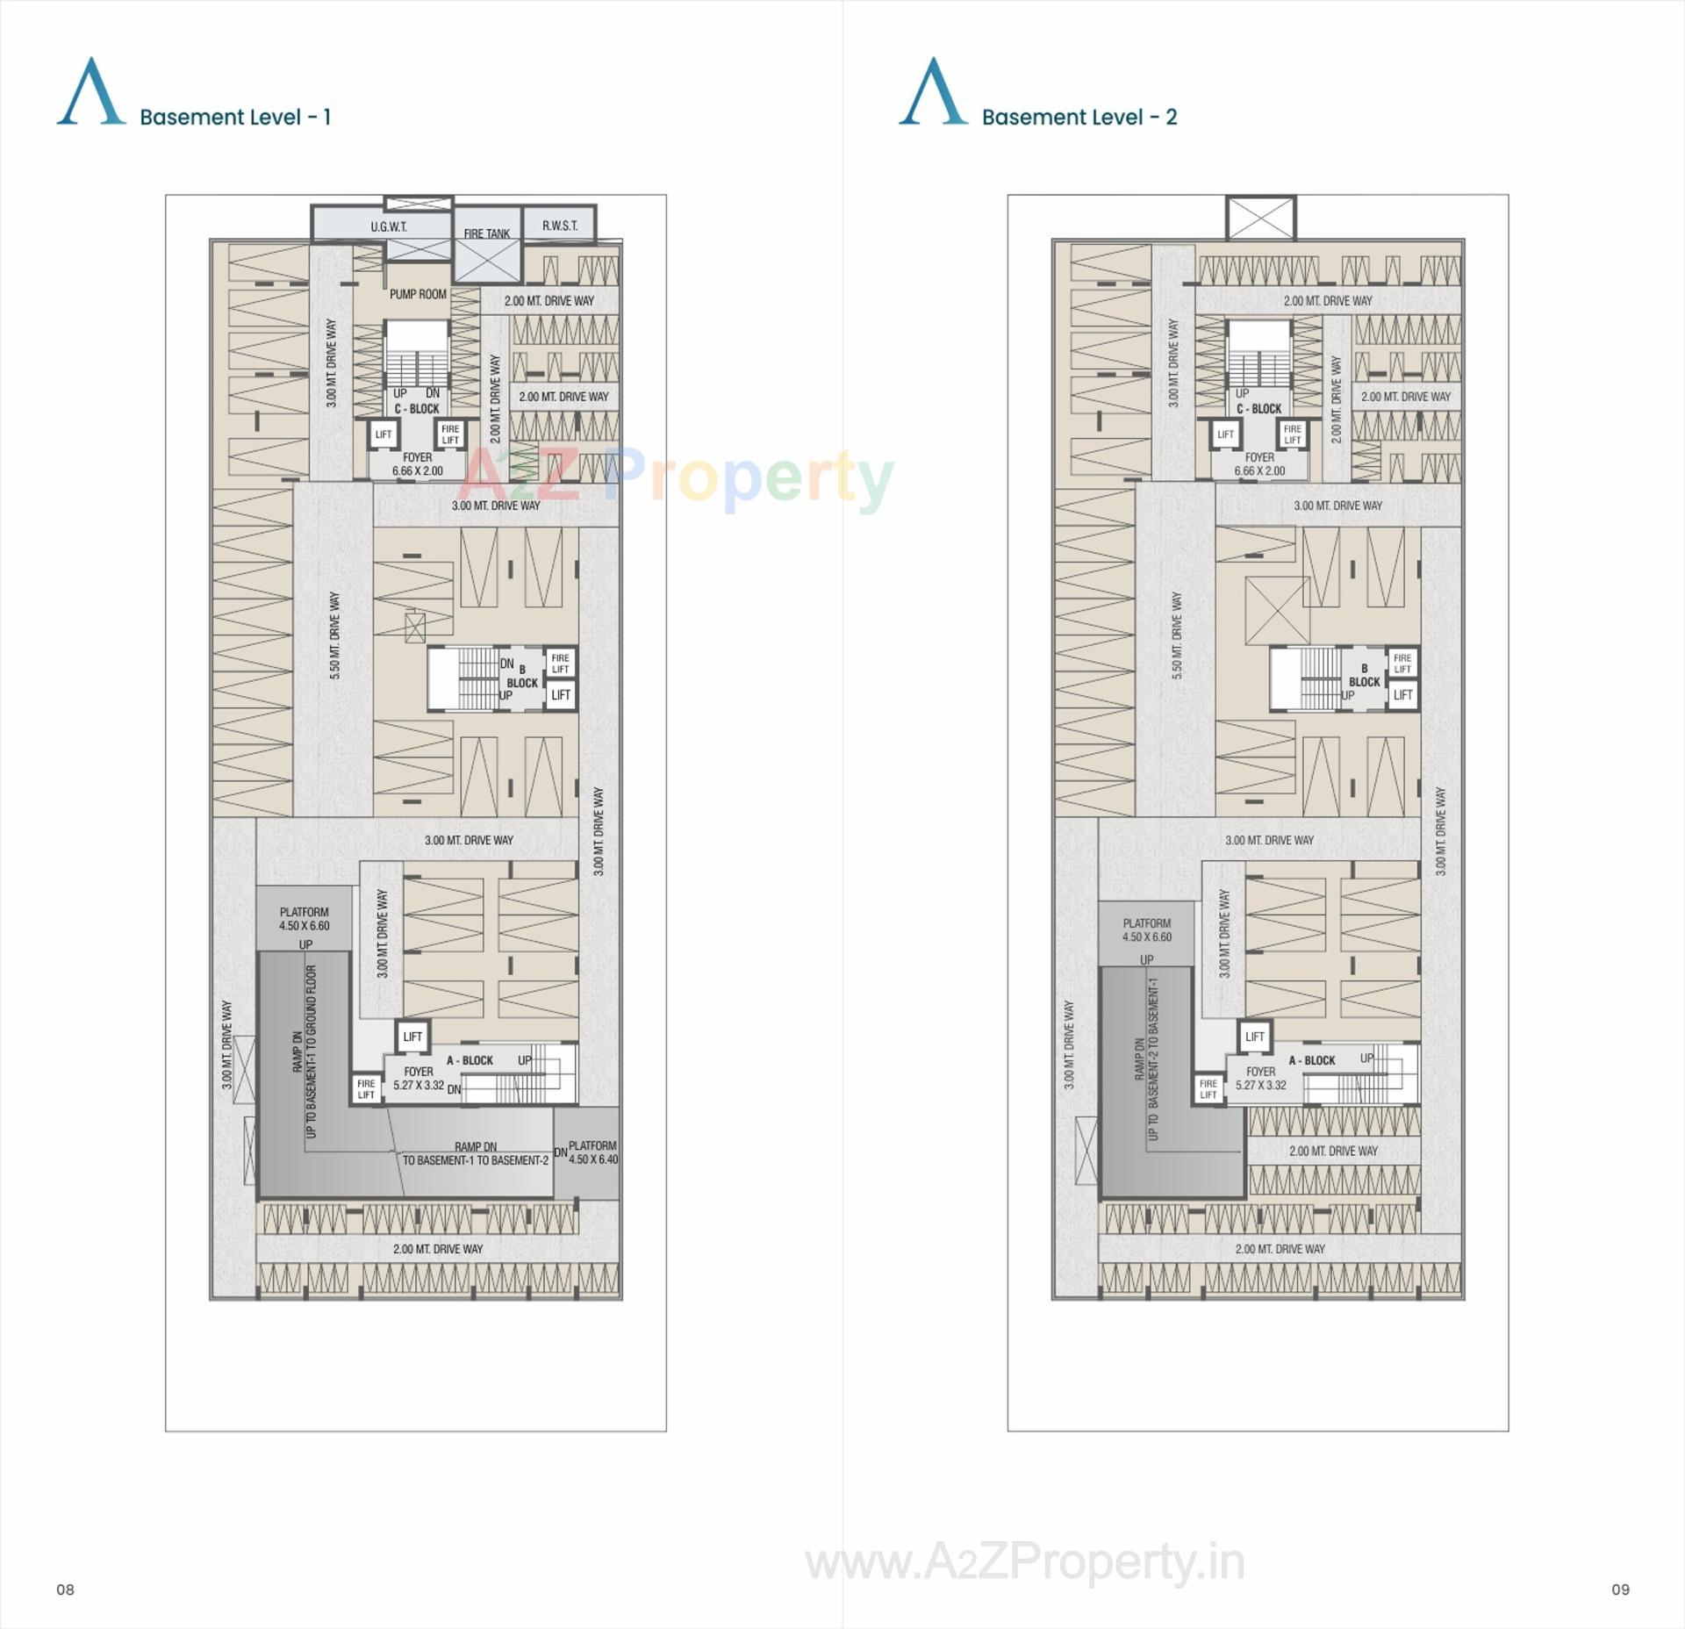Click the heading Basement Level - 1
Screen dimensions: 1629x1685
pyautogui.click(x=234, y=117)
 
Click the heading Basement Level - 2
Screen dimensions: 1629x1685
pyautogui.click(x=1079, y=117)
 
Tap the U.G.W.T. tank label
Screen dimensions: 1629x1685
pyautogui.click(x=388, y=226)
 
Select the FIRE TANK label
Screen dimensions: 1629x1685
pyautogui.click(x=486, y=233)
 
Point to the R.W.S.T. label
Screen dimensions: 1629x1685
pyautogui.click(x=560, y=226)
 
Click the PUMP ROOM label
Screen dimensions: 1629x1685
pyautogui.click(x=418, y=294)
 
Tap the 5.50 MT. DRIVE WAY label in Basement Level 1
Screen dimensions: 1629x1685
pyautogui.click(x=334, y=635)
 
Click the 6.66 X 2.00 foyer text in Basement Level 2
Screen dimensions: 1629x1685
pyautogui.click(x=1259, y=470)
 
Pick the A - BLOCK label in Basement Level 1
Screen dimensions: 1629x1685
pyautogui.click(x=470, y=1060)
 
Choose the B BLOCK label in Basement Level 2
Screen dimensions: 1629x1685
pyautogui.click(x=1364, y=676)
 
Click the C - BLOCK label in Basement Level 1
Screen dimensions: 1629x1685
pyautogui.click(x=417, y=409)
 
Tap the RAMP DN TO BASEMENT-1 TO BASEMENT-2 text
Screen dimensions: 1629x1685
pyautogui.click(x=475, y=1153)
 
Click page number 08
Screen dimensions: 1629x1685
pyautogui.click(x=65, y=1589)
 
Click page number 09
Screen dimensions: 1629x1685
pyautogui.click(x=1620, y=1589)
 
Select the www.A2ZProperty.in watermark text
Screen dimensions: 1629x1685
pyautogui.click(x=1024, y=1562)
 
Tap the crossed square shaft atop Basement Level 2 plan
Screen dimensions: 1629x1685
pyautogui.click(x=1260, y=219)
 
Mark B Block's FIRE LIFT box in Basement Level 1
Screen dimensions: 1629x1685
pyautogui.click(x=560, y=663)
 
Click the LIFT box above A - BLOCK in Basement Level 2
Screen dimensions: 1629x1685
pyautogui.click(x=1254, y=1037)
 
